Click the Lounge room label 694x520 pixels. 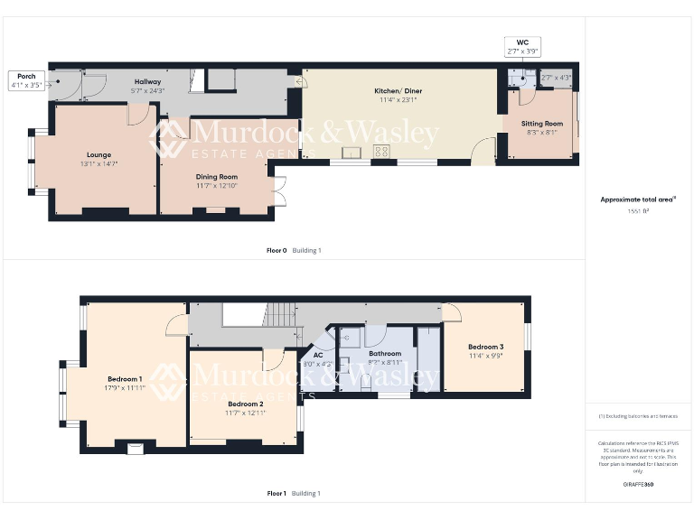pyautogui.click(x=99, y=154)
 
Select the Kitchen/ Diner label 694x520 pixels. pyautogui.click(x=399, y=91)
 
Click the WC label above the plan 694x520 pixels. pyautogui.click(x=522, y=42)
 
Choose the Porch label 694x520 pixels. pyautogui.click(x=25, y=76)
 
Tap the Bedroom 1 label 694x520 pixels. pyautogui.click(x=125, y=378)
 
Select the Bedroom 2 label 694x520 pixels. pyautogui.click(x=245, y=404)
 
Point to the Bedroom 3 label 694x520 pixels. pyautogui.click(x=485, y=347)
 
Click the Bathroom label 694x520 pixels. pyautogui.click(x=385, y=353)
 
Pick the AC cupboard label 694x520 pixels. pyautogui.click(x=318, y=355)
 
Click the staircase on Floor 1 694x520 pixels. pyautogui.click(x=280, y=315)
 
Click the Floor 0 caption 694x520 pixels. pyautogui.click(x=276, y=250)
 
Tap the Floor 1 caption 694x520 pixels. pyautogui.click(x=277, y=493)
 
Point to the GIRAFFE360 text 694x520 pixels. pyautogui.click(x=638, y=485)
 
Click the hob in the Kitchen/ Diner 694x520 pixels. pyautogui.click(x=381, y=152)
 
